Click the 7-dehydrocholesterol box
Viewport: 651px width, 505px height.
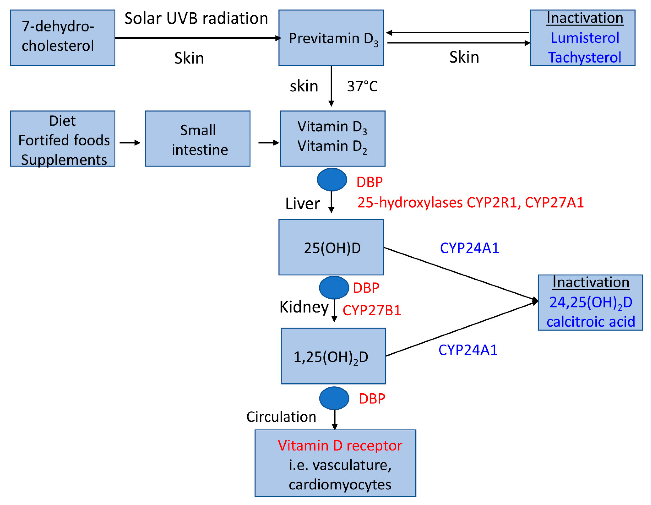pyautogui.click(x=63, y=38)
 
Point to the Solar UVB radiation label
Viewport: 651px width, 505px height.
pyautogui.click(x=196, y=18)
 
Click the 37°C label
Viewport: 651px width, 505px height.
pyautogui.click(x=362, y=86)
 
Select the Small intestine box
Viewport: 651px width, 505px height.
pyautogui.click(x=198, y=139)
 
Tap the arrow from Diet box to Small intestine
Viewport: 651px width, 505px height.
pyautogui.click(x=130, y=143)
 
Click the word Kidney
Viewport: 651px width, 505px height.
pyautogui.click(x=304, y=307)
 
